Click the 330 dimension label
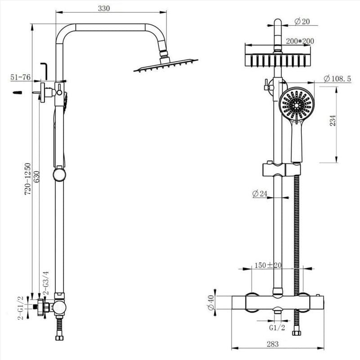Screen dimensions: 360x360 click(x=103, y=8)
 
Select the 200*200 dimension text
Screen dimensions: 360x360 click(x=300, y=41)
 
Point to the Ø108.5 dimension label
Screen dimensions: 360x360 click(x=337, y=79)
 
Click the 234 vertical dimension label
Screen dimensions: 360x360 click(x=333, y=122)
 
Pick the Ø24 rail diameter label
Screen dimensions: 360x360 click(x=260, y=194)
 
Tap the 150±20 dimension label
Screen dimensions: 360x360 click(x=268, y=265)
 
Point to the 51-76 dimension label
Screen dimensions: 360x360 click(x=21, y=77)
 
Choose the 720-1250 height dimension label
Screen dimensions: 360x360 click(x=27, y=178)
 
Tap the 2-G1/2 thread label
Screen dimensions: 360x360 click(x=20, y=308)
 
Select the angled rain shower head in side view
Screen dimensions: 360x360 click(x=165, y=66)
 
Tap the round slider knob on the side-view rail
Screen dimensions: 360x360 click(x=59, y=174)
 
